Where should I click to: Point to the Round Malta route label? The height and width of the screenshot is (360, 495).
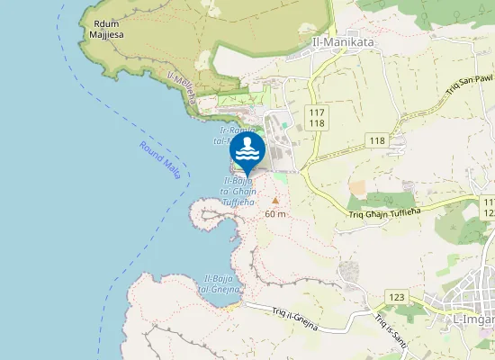coord(160,159)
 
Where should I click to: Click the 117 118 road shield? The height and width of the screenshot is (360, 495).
coord(316,117)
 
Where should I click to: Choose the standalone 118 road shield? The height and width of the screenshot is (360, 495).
coord(376,141)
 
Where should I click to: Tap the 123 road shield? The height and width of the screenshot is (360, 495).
coord(396,297)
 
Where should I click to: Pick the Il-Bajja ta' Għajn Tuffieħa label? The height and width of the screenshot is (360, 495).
coord(239,192)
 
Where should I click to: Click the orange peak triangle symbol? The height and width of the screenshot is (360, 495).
coord(275,201)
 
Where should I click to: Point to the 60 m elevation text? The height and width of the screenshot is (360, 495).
coord(275,214)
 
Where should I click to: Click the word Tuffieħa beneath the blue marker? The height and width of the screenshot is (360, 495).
coord(239,202)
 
